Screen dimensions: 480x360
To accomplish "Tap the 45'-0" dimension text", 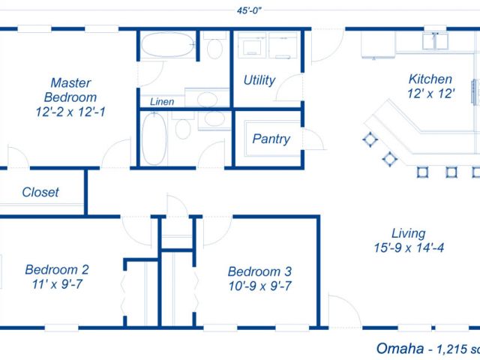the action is coord(249,10).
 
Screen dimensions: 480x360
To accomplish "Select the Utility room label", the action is coord(259,80).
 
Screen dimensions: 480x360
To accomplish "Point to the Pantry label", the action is coord(271,139).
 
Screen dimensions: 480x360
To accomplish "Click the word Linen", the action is coord(162,102).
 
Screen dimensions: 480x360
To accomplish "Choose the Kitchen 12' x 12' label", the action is coord(430,86).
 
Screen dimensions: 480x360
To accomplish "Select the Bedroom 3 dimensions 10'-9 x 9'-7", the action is coord(260,286).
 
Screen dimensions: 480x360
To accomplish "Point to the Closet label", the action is coord(40,192).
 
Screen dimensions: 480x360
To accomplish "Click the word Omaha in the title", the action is coord(400,348).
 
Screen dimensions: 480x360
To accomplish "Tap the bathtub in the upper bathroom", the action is coord(167,45).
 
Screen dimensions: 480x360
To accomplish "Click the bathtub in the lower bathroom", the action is coord(154,139).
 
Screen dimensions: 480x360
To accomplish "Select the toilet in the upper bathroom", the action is coord(214,46).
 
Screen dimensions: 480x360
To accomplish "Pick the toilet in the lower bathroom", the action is coord(183,125).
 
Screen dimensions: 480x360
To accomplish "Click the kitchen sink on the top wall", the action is coord(435,41).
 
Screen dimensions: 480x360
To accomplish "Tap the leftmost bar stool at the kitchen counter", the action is coord(370,139).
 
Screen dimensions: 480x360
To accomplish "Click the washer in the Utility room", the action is coord(252,45).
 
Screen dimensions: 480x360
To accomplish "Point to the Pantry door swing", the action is coord(313,139).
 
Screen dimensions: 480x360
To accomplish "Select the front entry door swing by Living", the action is coord(345,310).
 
